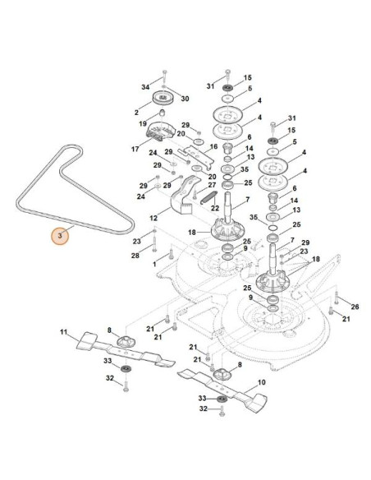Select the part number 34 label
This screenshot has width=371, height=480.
(145, 86)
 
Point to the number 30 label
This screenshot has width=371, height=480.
(185, 98)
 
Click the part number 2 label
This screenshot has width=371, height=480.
(136, 111)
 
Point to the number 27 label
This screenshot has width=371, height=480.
(212, 186)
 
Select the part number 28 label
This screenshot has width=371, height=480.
(135, 256)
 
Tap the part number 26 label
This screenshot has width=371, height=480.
(344, 305)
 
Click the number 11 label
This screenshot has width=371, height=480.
(63, 331)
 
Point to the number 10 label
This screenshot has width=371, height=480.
(262, 382)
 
